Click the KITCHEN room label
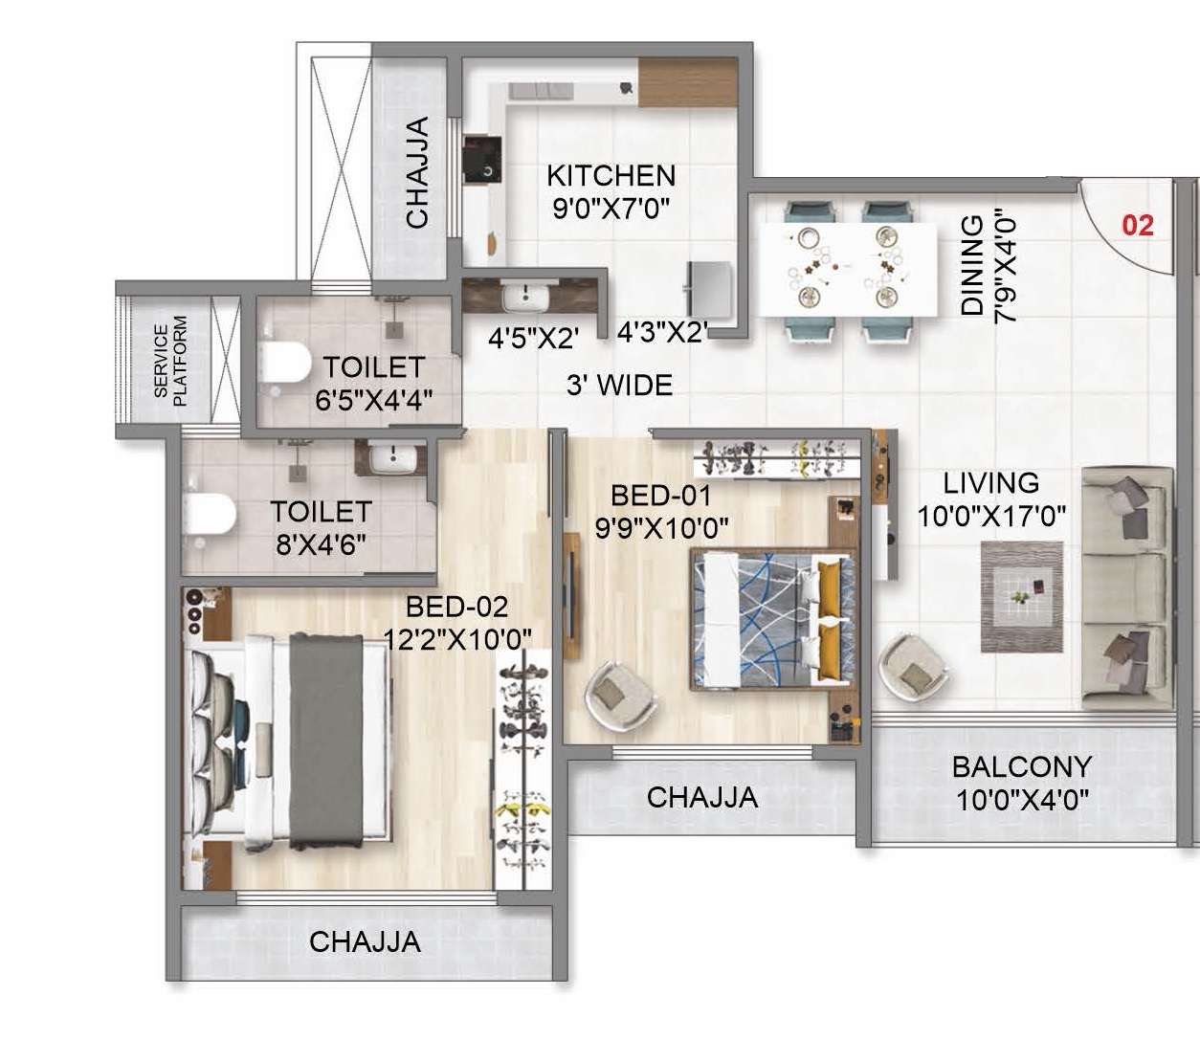[x=611, y=176]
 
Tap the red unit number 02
[x=1138, y=226]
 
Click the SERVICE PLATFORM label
[x=170, y=362]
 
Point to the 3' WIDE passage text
[x=619, y=386]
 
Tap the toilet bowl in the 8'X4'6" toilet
[x=209, y=515]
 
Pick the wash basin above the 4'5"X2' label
[x=524, y=297]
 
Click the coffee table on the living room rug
[x=1022, y=595]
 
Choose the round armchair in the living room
[x=913, y=667]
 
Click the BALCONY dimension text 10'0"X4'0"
[x=1022, y=799]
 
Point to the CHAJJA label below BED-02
[x=365, y=941]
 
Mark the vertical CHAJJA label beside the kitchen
[x=417, y=172]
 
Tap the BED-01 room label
[x=661, y=496]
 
